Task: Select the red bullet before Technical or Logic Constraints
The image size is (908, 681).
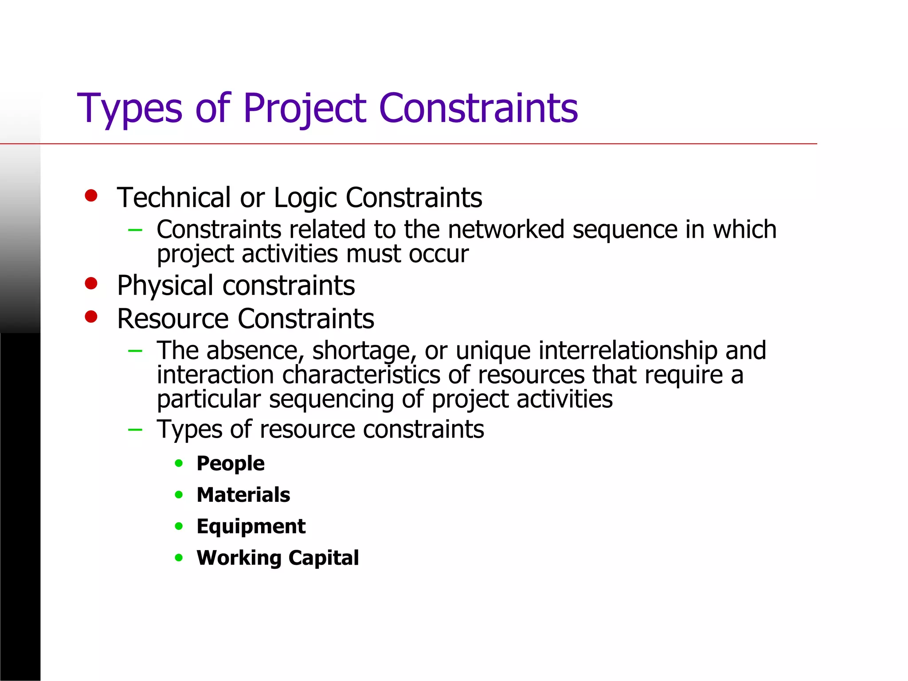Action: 91,196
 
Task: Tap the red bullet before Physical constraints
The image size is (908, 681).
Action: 91,283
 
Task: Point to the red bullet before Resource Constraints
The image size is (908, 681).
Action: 91,317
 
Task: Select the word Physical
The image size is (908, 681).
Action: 165,286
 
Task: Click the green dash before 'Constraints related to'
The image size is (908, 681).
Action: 135,230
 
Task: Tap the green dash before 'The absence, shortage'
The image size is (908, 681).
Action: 135,351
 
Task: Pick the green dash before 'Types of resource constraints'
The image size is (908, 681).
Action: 135,430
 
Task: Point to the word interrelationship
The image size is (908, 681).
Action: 628,350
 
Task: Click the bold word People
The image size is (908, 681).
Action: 231,464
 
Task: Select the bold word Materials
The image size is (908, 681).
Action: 243,495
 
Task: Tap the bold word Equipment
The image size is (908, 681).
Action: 251,527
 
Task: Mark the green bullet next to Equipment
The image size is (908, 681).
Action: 179,526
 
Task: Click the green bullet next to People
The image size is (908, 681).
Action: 179,463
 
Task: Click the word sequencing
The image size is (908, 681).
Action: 331,399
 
